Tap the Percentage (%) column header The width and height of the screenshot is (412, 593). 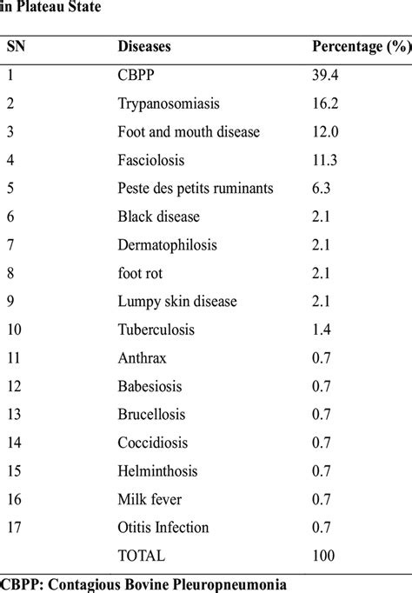(360, 46)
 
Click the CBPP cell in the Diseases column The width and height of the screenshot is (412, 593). (137, 75)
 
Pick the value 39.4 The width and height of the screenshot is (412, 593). (327, 75)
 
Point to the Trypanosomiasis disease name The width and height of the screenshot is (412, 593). (169, 103)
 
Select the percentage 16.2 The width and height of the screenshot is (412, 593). (327, 103)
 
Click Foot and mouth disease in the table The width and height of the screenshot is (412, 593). (189, 131)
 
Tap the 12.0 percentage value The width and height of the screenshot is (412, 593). (327, 131)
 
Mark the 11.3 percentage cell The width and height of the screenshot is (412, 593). (327, 160)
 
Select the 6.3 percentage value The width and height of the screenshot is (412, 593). (322, 188)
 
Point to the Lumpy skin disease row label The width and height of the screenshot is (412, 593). (177, 302)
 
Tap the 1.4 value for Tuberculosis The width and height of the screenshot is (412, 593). (322, 330)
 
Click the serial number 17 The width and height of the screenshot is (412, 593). (15, 528)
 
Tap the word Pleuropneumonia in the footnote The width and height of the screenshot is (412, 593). (241, 583)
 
